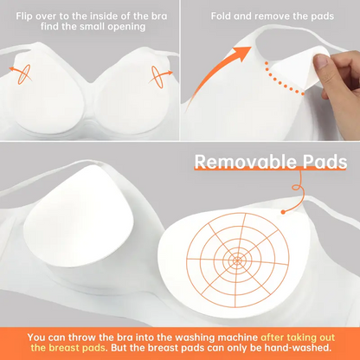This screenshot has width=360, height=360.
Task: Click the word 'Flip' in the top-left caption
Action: click(x=22, y=16)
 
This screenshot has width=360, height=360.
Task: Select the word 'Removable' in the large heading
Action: click(x=245, y=162)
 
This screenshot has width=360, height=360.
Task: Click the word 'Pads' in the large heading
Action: click(x=325, y=162)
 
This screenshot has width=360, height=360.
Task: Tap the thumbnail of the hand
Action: click(x=321, y=61)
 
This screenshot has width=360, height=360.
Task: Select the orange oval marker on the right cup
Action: click(x=157, y=77)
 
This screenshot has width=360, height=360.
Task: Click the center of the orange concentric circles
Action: click(x=237, y=260)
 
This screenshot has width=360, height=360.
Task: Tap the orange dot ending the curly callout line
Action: click(x=283, y=212)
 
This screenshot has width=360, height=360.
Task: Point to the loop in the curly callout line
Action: click(x=297, y=188)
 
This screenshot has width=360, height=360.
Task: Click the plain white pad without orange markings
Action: click(x=79, y=217)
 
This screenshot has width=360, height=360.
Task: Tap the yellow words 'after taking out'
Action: click(x=298, y=337)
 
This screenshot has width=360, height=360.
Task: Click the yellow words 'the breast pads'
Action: click(x=68, y=348)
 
